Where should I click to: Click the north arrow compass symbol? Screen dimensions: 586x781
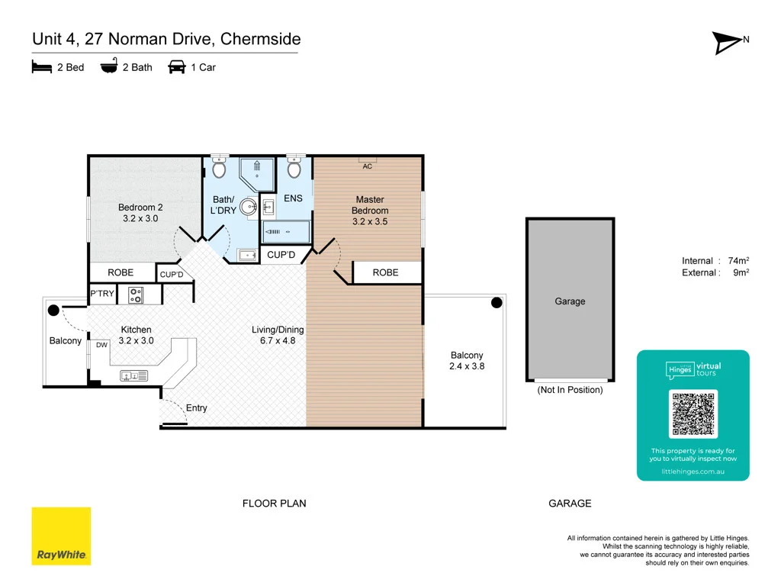pyautogui.click(x=730, y=43)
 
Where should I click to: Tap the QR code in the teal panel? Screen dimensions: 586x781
pyautogui.click(x=693, y=414)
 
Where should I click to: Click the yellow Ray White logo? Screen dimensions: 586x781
pyautogui.click(x=61, y=536)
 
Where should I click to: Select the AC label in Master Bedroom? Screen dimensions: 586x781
pyautogui.click(x=367, y=166)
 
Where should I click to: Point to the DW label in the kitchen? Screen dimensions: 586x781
pyautogui.click(x=101, y=346)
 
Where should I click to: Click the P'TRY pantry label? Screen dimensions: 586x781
pyautogui.click(x=101, y=294)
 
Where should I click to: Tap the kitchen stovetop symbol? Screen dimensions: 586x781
pyautogui.click(x=136, y=294)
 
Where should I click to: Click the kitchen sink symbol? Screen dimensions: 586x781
pyautogui.click(x=134, y=375)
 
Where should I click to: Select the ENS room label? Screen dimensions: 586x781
pyautogui.click(x=293, y=198)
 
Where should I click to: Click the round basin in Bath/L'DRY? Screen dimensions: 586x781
pyautogui.click(x=249, y=206)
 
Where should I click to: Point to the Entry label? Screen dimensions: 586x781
pyautogui.click(x=196, y=408)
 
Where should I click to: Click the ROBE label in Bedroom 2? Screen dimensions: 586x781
pyautogui.click(x=121, y=272)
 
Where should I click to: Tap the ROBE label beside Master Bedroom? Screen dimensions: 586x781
pyautogui.click(x=385, y=272)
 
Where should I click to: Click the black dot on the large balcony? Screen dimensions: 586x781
pyautogui.click(x=497, y=303)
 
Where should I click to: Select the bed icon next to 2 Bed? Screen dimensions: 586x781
pyautogui.click(x=41, y=67)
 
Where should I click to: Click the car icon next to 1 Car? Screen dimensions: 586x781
pyautogui.click(x=177, y=67)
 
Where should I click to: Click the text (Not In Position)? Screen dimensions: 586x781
pyautogui.click(x=570, y=390)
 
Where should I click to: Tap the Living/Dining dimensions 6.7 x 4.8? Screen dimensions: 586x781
pyautogui.click(x=278, y=341)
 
